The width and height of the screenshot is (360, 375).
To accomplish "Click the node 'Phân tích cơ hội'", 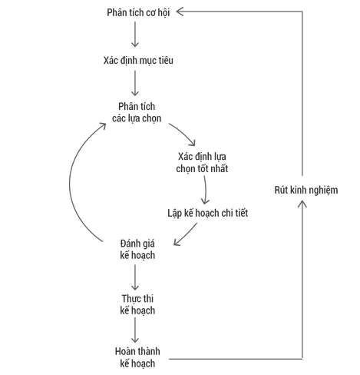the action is (x=138, y=12).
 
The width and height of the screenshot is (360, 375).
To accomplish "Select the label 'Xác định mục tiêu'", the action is (x=138, y=61).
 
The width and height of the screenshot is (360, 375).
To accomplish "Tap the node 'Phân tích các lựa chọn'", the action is (x=137, y=112).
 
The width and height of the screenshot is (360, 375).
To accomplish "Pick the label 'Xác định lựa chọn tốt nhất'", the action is (x=202, y=163).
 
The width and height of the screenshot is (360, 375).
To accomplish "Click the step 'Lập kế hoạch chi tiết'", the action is (x=207, y=213).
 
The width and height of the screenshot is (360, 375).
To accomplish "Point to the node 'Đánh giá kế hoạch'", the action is (x=137, y=249).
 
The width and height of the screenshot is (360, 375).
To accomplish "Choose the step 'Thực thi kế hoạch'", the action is (x=137, y=304).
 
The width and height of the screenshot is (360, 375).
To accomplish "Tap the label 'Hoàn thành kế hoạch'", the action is (x=137, y=357).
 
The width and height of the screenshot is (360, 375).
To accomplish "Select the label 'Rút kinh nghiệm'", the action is (x=306, y=190).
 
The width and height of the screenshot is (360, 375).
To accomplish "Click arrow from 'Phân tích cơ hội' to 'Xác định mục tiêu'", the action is (x=135, y=35).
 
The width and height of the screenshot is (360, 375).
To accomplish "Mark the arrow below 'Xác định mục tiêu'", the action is (x=135, y=83).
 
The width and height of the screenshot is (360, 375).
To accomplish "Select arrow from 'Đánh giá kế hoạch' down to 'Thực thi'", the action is (x=135, y=277).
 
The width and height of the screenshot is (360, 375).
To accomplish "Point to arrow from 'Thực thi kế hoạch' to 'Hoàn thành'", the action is (x=135, y=330).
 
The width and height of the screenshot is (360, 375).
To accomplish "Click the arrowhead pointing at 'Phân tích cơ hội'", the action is (x=180, y=12).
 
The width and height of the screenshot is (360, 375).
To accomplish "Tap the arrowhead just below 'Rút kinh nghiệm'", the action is (x=302, y=204).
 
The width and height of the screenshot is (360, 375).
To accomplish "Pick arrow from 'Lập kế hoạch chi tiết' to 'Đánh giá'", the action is (x=185, y=235).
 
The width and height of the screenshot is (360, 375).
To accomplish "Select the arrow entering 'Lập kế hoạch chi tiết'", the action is (x=205, y=190).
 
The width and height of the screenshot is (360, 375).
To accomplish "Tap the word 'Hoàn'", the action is (x=124, y=351).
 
